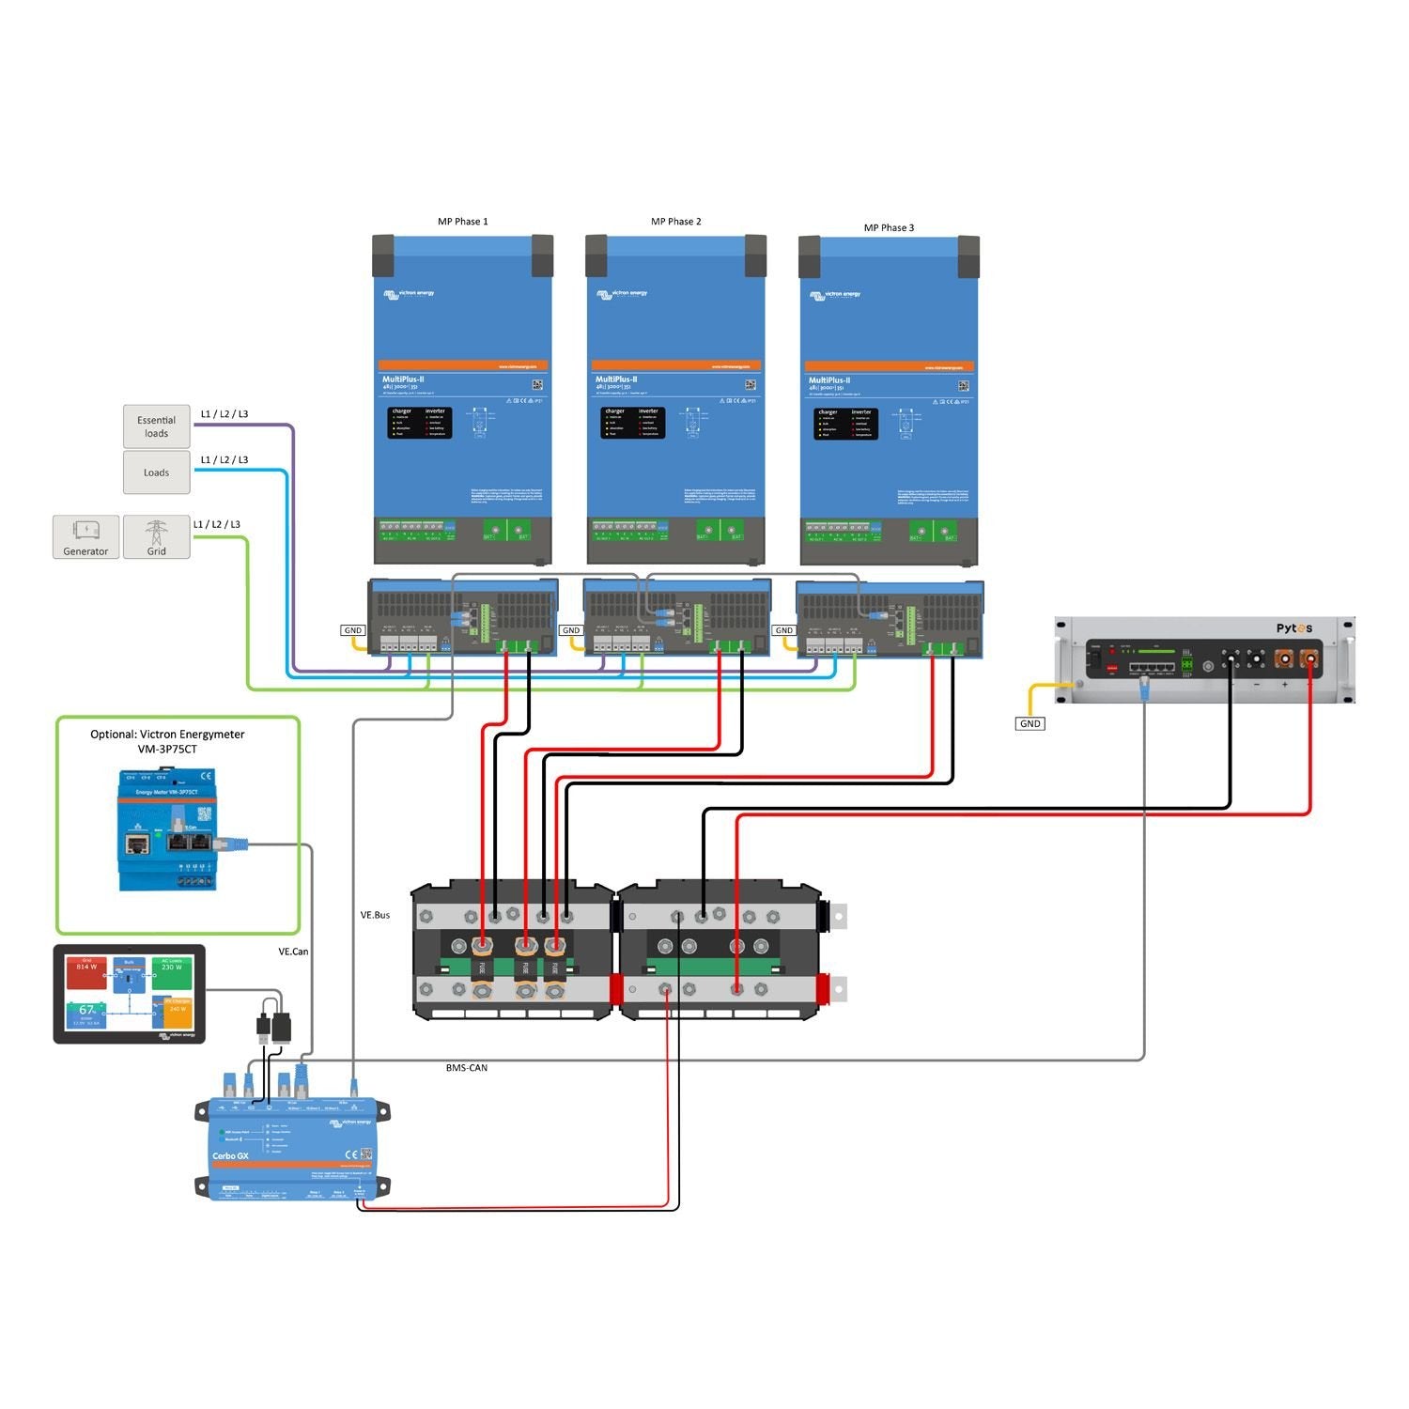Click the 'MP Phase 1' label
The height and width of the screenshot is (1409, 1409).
pyautogui.click(x=462, y=222)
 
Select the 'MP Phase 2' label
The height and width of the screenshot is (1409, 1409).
pyautogui.click(x=675, y=222)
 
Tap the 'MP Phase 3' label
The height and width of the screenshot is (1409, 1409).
pyautogui.click(x=889, y=227)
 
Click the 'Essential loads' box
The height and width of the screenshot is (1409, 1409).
pyautogui.click(x=156, y=426)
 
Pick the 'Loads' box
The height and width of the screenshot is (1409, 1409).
pyautogui.click(x=156, y=472)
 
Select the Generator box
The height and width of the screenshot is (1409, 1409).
pyautogui.click(x=85, y=537)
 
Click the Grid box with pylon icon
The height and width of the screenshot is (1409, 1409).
pyautogui.click(x=156, y=537)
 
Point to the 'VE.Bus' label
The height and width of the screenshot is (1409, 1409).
pyautogui.click(x=375, y=915)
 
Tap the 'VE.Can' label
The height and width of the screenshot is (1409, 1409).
pyautogui.click(x=293, y=952)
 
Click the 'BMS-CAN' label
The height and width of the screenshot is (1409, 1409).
pyautogui.click(x=466, y=1068)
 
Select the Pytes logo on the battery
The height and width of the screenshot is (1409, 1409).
pyautogui.click(x=1293, y=628)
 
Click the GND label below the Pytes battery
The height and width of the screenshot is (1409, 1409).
pyautogui.click(x=1030, y=723)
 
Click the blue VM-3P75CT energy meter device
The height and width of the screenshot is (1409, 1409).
pyautogui.click(x=167, y=829)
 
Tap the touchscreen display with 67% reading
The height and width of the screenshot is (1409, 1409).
pyautogui.click(x=129, y=994)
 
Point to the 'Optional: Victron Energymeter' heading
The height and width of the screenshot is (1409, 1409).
pyautogui.click(x=167, y=735)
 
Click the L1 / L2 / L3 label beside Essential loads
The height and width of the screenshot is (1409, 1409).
pyautogui.click(x=225, y=414)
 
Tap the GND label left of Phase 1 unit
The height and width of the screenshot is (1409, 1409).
pyautogui.click(x=352, y=630)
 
